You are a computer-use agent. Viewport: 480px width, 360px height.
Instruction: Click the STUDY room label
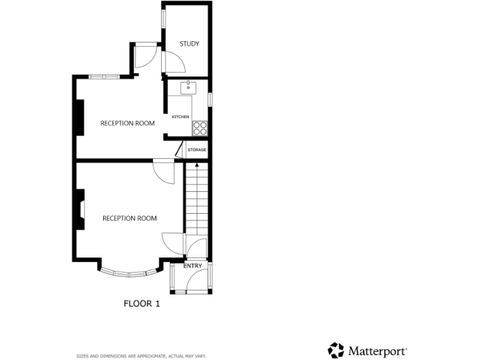click(189, 44)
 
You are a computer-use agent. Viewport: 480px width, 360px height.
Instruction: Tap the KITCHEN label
click(181, 117)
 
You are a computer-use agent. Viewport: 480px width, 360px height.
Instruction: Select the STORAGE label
click(197, 150)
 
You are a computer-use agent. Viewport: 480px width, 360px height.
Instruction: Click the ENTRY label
click(193, 266)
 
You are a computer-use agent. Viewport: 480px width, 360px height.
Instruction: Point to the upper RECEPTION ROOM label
click(127, 123)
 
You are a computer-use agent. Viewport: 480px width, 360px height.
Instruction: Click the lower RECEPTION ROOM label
click(129, 218)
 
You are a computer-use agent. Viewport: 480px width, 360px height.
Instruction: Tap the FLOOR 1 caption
click(142, 304)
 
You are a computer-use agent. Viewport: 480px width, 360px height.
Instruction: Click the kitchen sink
click(188, 87)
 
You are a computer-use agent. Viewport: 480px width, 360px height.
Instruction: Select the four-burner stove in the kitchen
click(200, 128)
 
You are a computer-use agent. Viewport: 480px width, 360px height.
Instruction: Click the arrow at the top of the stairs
click(197, 166)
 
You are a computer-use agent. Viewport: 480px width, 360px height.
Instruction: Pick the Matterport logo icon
click(336, 350)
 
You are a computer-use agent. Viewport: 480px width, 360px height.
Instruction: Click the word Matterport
click(377, 351)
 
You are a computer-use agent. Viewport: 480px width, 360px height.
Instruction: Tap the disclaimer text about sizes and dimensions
click(141, 356)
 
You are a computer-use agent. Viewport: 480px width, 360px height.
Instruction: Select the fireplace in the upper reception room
click(79, 117)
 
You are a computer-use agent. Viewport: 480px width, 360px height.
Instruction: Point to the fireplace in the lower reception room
click(80, 209)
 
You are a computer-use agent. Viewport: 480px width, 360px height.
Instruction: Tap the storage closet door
click(179, 149)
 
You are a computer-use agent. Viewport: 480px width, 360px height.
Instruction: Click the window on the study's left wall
click(164, 18)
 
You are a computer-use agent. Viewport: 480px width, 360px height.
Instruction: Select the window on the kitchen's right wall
click(210, 99)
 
